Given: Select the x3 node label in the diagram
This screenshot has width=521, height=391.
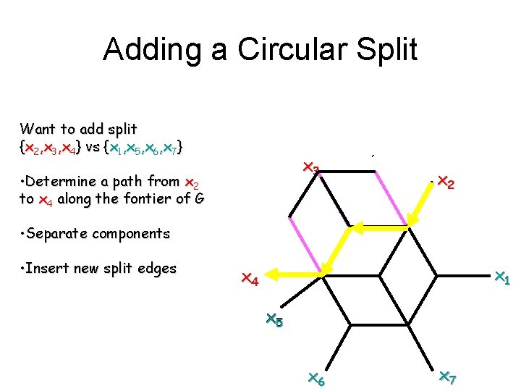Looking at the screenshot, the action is click(310, 169).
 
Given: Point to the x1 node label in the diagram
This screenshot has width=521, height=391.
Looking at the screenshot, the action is click(501, 277).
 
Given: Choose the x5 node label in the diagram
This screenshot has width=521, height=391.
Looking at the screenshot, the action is click(274, 319).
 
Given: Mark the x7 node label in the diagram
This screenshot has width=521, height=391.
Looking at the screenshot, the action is click(446, 378).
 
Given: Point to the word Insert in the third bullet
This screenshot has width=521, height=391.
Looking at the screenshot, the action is click(48, 268).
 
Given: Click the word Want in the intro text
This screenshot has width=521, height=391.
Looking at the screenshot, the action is click(36, 130).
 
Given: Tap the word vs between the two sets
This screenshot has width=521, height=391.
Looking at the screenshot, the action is click(92, 148).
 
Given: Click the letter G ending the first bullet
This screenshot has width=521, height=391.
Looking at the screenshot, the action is click(199, 198).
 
